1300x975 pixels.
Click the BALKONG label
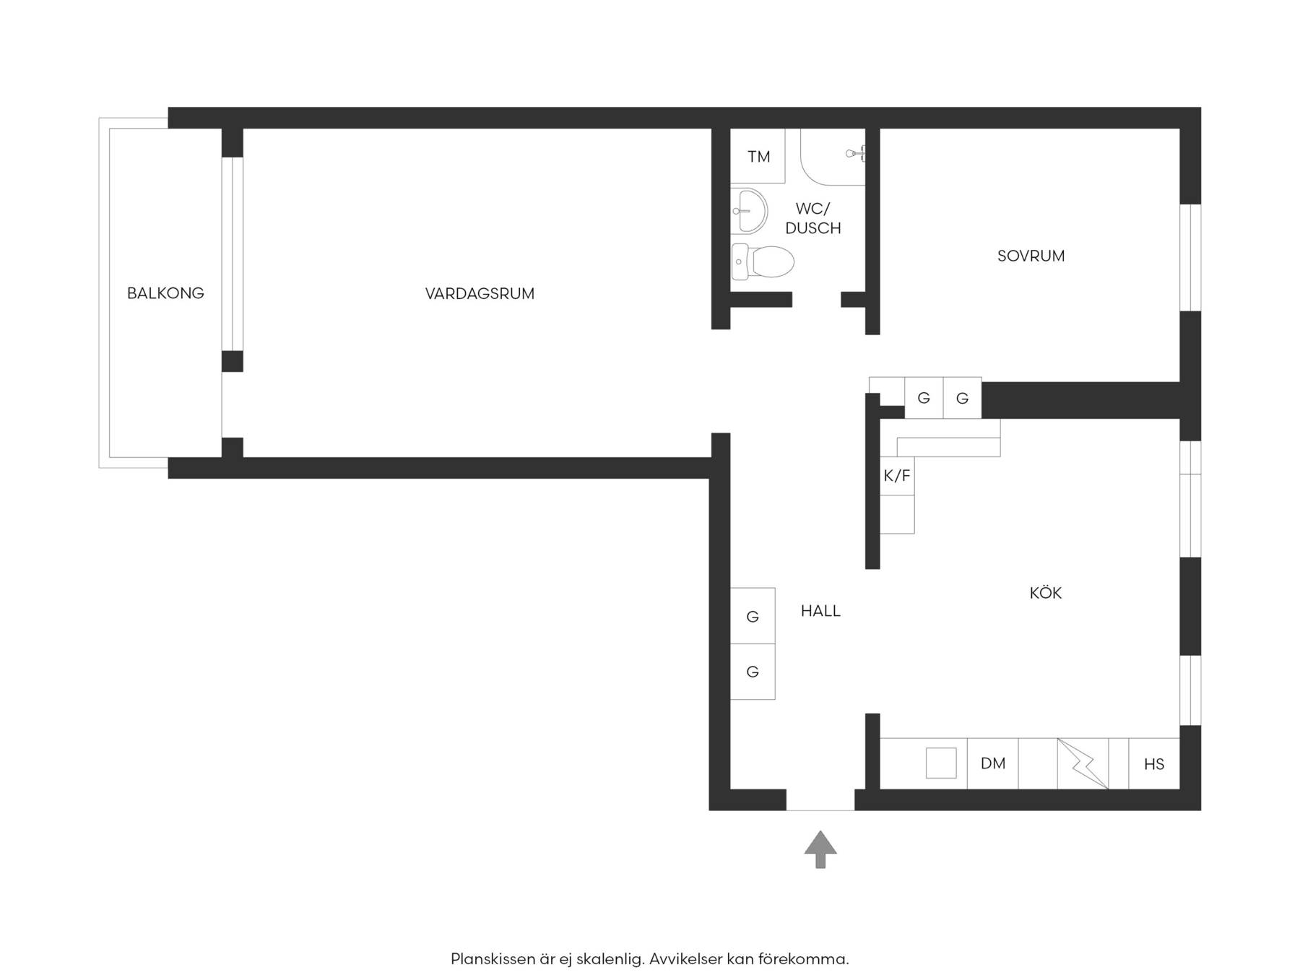(165, 293)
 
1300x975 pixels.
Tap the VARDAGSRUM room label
(480, 294)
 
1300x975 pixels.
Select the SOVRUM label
(1031, 256)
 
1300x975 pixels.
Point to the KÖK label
(1045, 593)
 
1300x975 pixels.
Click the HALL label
(820, 611)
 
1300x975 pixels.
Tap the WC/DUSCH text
(813, 218)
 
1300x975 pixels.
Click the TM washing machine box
(758, 156)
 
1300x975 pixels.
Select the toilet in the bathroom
(762, 261)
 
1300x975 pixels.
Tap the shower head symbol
(855, 153)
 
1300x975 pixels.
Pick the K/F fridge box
(897, 476)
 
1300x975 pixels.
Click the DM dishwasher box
(993, 763)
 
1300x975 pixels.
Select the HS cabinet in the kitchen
(1154, 763)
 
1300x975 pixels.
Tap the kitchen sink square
(941, 763)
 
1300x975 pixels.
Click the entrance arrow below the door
(820, 849)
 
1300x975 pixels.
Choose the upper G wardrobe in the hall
(753, 616)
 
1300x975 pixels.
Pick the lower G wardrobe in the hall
(753, 672)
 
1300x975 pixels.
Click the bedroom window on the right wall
(1190, 258)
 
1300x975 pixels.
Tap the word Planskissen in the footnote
(493, 959)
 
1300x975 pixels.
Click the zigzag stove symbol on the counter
(1083, 763)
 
